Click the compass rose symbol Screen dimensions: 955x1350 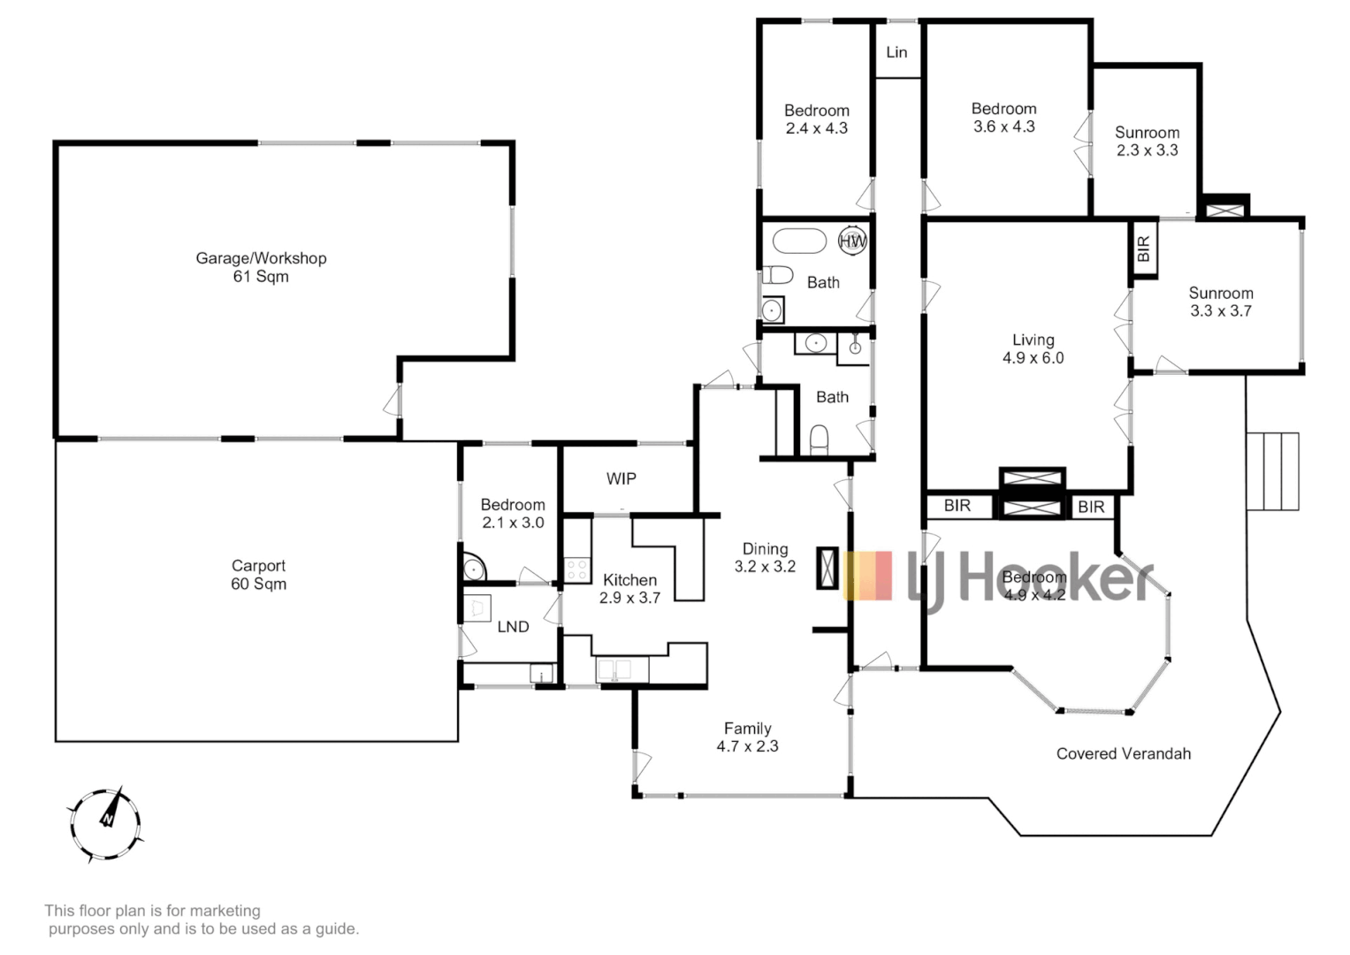tap(106, 824)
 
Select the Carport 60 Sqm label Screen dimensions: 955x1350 tap(258, 575)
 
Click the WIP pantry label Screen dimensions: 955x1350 tap(621, 478)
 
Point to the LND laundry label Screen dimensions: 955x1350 tap(513, 626)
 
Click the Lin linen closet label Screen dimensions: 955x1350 tap(896, 52)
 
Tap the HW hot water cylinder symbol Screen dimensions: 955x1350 tap(852, 241)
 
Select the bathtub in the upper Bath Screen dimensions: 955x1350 tap(799, 241)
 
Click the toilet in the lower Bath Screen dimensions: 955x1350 tap(820, 439)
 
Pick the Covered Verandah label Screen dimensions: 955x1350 tap(1123, 753)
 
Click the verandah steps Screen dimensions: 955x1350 tap(1273, 470)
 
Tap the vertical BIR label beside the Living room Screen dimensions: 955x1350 tap(1143, 248)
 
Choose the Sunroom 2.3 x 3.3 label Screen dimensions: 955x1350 tap(1147, 141)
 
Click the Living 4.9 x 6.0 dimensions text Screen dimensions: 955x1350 tap(1033, 358)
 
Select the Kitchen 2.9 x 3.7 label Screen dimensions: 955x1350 tap(629, 589)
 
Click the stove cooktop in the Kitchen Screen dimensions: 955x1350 tap(577, 569)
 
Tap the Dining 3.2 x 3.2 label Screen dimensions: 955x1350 tap(765, 558)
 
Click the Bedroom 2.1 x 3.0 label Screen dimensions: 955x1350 tap(513, 514)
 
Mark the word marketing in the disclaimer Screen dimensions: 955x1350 tap(226, 910)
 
